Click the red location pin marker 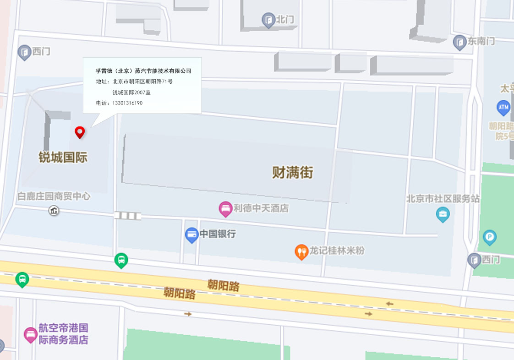pos(80,132)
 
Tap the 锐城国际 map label pos(63,158)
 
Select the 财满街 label pos(293,173)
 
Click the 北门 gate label pos(284,20)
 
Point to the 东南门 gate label pos(481,41)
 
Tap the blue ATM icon pos(503,108)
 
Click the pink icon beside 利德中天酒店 pos(225,209)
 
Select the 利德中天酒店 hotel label pos(261,208)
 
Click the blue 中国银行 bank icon pos(191,235)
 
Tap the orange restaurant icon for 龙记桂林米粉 pos(301,251)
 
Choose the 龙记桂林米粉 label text pos(337,251)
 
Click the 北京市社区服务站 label pos(443,199)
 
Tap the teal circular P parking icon pos(489,237)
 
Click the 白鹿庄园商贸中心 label pos(54,196)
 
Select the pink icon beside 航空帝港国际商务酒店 pos(30,334)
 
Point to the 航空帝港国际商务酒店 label pos(63,334)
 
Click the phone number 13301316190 pos(127,103)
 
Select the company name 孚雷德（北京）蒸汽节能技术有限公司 pos(143,71)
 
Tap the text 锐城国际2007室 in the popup pos(131,92)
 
